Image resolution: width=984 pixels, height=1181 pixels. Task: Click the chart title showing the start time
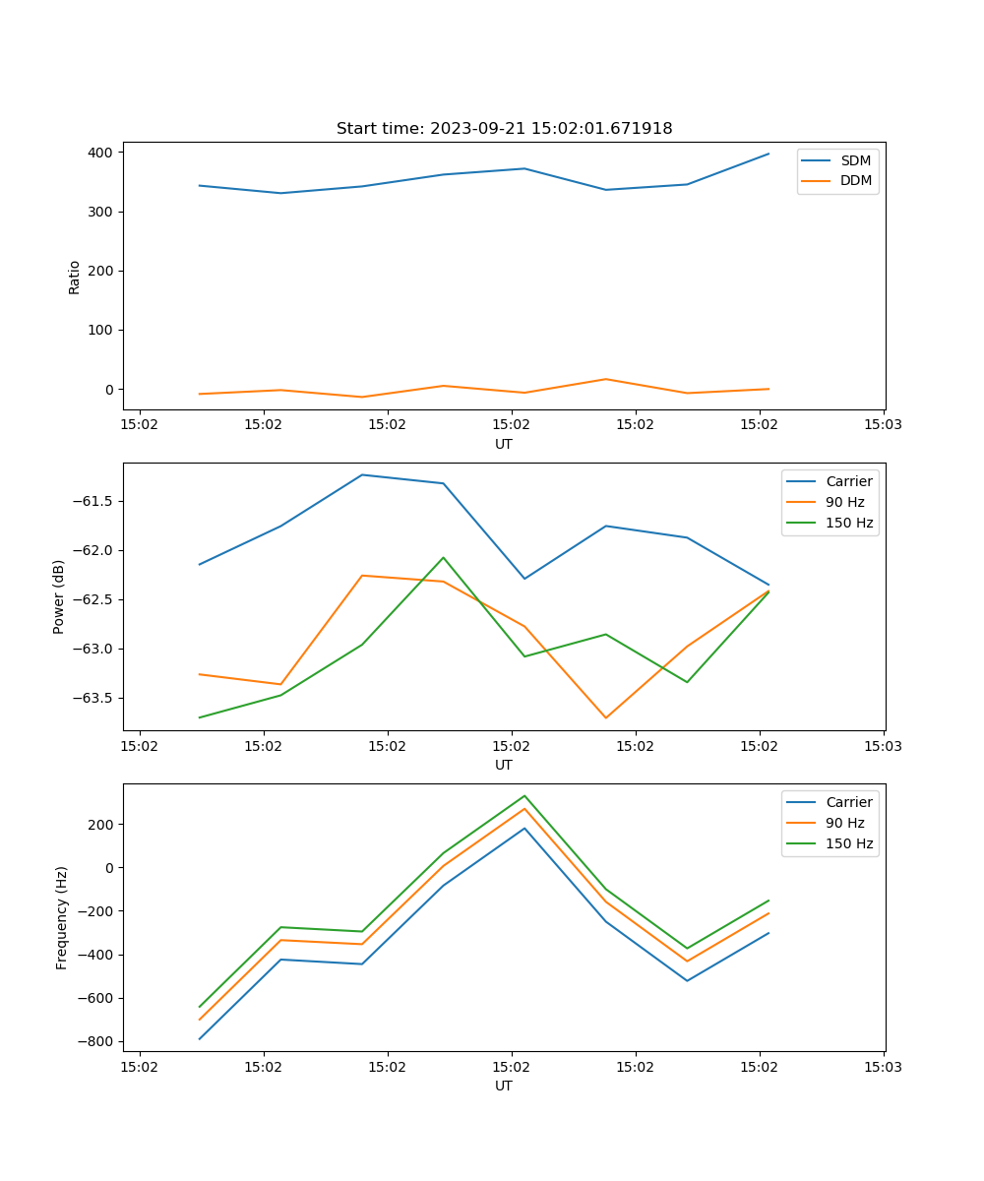point(504,129)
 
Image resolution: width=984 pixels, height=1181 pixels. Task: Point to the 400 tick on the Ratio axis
point(102,153)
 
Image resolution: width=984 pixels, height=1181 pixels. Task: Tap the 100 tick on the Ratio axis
point(102,330)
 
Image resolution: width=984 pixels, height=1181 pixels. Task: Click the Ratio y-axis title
point(75,277)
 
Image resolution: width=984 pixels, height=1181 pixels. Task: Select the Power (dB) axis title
point(59,596)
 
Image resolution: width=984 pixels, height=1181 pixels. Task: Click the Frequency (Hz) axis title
point(61,917)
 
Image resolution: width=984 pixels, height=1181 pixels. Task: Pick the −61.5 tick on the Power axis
point(92,501)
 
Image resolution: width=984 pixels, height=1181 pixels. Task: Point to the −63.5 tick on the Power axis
point(92,698)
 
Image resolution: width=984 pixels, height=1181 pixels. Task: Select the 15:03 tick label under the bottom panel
point(883,1067)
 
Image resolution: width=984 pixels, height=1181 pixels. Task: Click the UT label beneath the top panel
point(504,444)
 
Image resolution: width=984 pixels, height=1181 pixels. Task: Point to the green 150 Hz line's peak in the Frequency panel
point(524,796)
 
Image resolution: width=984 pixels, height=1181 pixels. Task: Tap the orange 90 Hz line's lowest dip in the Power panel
point(605,717)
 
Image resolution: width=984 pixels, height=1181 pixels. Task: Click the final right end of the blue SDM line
point(769,154)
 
